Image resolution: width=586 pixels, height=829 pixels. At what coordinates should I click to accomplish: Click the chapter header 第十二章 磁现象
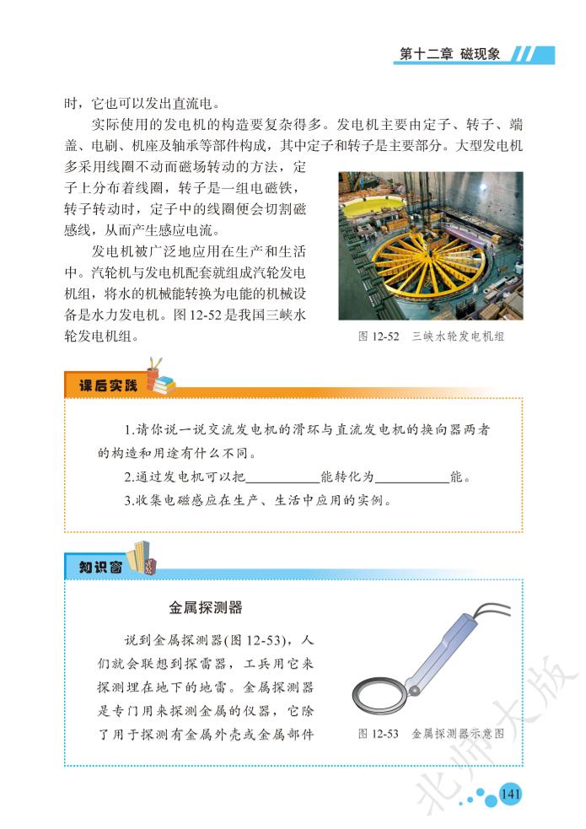[449, 54]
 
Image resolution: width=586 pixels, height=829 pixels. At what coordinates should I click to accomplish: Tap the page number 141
[510, 794]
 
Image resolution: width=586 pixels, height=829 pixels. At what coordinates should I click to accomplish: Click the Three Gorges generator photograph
[430, 245]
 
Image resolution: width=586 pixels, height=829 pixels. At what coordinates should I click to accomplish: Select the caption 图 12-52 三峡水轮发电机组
[431, 336]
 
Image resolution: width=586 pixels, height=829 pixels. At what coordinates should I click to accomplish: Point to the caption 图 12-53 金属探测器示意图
[431, 734]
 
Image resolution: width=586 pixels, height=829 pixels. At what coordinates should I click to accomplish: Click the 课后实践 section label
[108, 385]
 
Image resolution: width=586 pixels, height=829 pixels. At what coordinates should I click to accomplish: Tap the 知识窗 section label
[100, 568]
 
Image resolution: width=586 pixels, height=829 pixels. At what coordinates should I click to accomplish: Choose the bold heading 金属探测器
[206, 607]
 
